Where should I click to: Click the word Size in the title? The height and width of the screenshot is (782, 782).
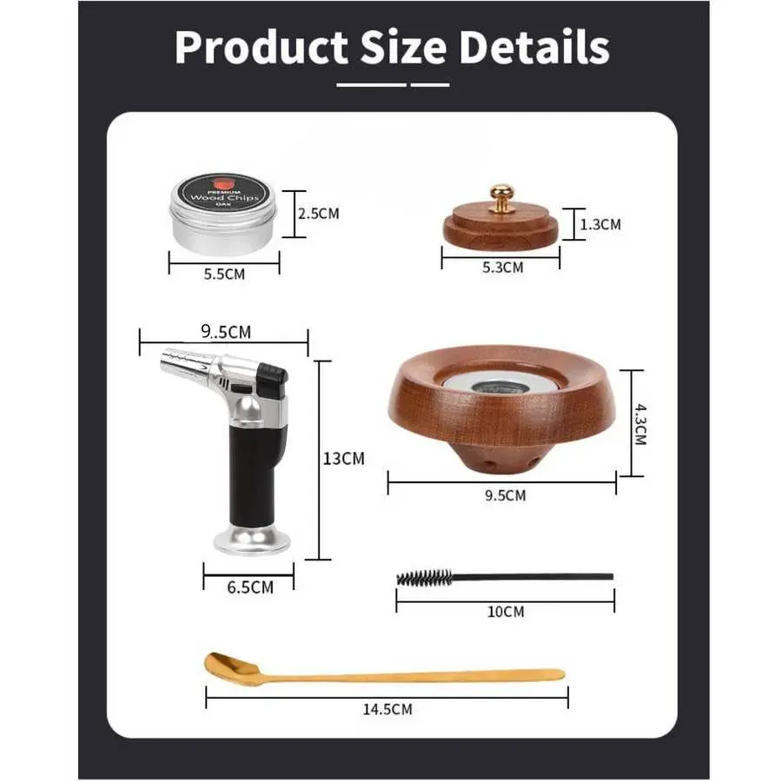point(403,48)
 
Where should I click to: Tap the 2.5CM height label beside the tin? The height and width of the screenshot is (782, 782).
point(319,214)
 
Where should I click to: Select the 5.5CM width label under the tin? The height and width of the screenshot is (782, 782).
point(224,275)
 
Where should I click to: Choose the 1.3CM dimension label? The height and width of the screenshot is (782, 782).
point(600,224)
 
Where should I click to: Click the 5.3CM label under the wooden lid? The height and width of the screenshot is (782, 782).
point(503,268)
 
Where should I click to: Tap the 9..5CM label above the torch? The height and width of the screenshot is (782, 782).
point(226,332)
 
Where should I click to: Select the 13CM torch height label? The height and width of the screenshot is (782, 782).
point(343,458)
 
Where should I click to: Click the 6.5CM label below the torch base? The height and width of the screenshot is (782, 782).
point(250,587)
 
